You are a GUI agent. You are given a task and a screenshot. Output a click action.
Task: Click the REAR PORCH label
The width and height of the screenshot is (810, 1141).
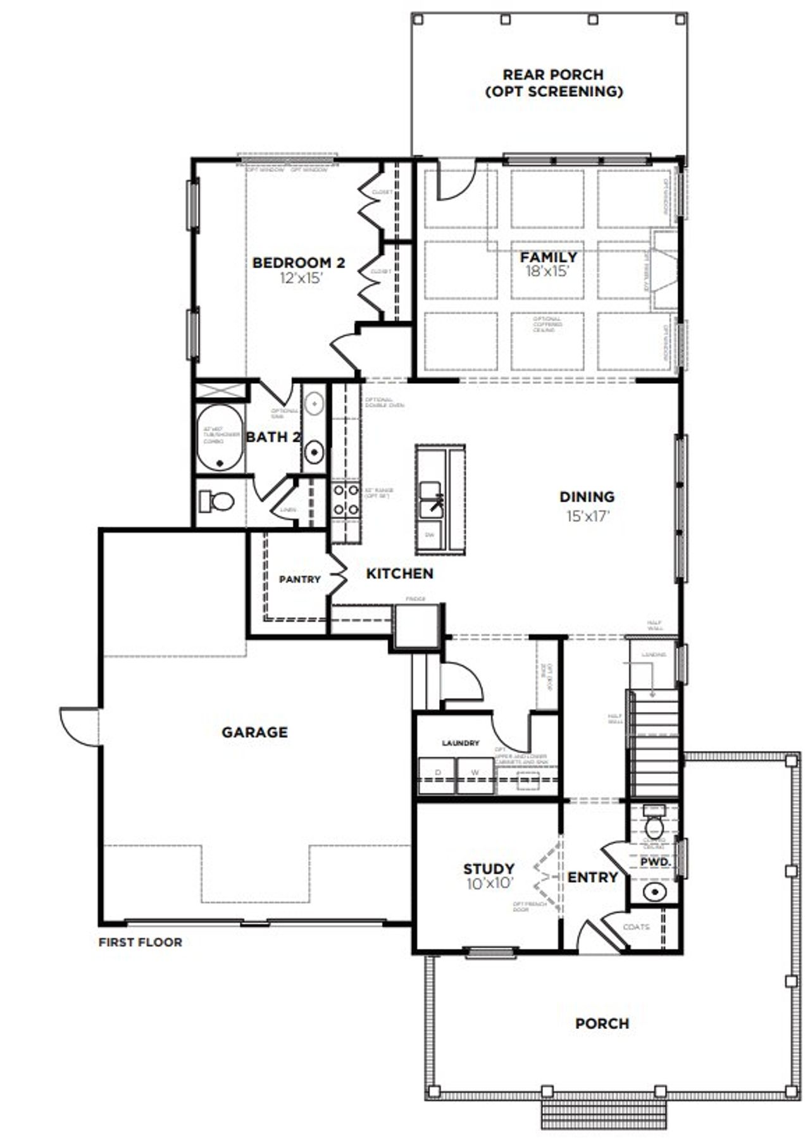(x=553, y=75)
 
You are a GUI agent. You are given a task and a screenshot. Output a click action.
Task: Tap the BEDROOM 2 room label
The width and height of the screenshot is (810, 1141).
(x=299, y=262)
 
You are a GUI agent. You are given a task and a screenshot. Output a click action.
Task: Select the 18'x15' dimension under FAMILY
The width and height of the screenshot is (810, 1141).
(x=548, y=272)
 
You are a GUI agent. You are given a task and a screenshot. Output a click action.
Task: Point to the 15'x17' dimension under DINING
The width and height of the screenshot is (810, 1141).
(x=587, y=516)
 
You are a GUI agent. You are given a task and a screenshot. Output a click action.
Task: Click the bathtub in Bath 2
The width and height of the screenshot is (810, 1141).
(x=220, y=437)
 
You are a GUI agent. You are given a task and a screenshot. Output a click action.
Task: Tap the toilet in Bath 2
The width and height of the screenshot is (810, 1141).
(x=217, y=502)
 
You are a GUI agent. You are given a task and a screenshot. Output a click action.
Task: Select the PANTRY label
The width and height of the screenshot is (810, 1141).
(x=300, y=579)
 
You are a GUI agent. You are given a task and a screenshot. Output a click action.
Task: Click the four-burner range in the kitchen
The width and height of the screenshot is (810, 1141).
(x=346, y=500)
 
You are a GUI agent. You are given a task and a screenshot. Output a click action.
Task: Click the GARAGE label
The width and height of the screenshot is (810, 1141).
(x=254, y=732)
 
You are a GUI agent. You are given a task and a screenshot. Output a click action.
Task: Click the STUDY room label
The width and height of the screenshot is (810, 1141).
(x=489, y=868)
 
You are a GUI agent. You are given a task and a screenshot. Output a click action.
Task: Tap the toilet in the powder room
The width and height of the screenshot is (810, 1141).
(x=653, y=825)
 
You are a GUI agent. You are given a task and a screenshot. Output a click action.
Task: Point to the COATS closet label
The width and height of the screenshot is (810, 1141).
(x=636, y=927)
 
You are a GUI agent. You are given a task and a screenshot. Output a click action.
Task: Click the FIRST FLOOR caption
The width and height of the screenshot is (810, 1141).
(x=140, y=942)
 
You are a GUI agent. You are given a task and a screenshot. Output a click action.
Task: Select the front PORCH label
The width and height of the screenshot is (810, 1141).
(x=602, y=1023)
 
